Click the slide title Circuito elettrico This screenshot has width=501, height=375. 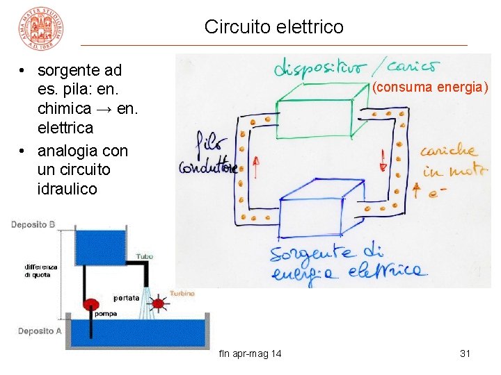[273, 27]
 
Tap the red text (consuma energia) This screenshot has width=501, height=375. [430, 87]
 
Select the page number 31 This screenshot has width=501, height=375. [466, 354]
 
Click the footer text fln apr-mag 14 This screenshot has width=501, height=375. [250, 354]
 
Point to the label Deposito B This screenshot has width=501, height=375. [33, 225]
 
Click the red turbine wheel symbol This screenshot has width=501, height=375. [159, 303]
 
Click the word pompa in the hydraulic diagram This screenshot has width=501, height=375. [104, 314]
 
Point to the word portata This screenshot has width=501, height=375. [126, 298]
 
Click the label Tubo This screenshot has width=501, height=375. [145, 257]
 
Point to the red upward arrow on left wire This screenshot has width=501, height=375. [255, 167]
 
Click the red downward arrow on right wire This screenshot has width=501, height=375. [383, 159]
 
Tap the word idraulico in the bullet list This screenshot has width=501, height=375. [67, 189]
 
